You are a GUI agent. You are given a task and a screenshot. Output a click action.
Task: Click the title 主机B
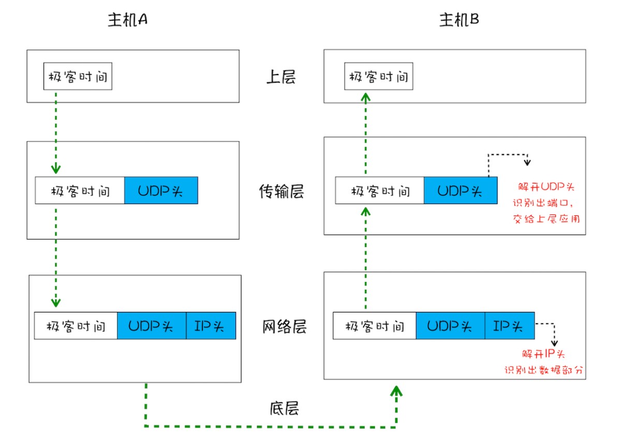tap(459, 20)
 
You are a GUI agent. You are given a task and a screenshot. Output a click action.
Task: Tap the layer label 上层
tap(281, 77)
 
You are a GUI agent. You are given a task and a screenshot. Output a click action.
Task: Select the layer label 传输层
tap(281, 192)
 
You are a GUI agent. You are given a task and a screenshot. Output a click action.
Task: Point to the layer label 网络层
tap(284, 327)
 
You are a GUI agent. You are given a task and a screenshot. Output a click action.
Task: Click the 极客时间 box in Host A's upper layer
tap(78, 77)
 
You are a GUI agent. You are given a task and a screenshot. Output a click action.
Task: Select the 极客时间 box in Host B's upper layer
tap(379, 77)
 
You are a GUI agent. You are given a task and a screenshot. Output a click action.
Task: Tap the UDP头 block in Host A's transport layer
tap(161, 190)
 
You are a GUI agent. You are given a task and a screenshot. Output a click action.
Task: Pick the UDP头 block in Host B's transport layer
tap(460, 190)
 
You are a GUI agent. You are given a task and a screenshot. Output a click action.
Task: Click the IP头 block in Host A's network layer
tap(211, 326)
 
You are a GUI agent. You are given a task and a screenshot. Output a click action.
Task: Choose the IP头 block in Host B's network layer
tap(509, 326)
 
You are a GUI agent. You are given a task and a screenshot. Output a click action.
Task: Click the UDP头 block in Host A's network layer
tap(151, 326)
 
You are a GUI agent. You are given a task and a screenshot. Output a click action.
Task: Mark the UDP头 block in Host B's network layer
tap(450, 326)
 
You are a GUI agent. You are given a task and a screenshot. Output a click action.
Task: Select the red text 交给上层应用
tap(545, 219)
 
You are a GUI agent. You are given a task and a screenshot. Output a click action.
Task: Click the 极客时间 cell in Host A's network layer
tap(76, 326)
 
